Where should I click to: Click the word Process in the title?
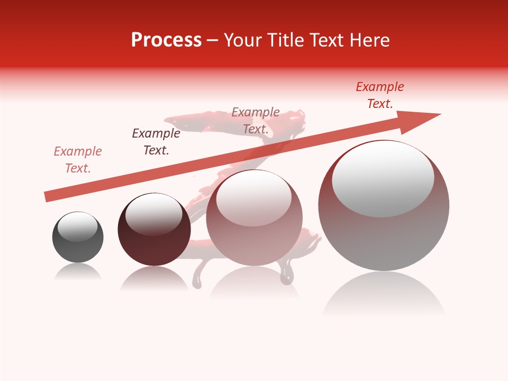pyautogui.click(x=166, y=40)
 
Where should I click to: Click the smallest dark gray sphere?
pyautogui.click(x=78, y=238)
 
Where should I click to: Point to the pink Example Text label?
pyautogui.click(x=78, y=160)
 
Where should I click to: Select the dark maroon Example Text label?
pyautogui.click(x=156, y=142)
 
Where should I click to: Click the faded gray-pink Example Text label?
pyautogui.click(x=256, y=121)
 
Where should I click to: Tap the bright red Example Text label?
pyautogui.click(x=380, y=95)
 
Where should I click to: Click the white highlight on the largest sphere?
pyautogui.click(x=383, y=179)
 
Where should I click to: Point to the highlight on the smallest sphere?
pyautogui.click(x=77, y=226)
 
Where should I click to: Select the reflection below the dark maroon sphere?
pyautogui.click(x=154, y=278)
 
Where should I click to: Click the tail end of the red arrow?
pyautogui.click(x=49, y=196)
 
